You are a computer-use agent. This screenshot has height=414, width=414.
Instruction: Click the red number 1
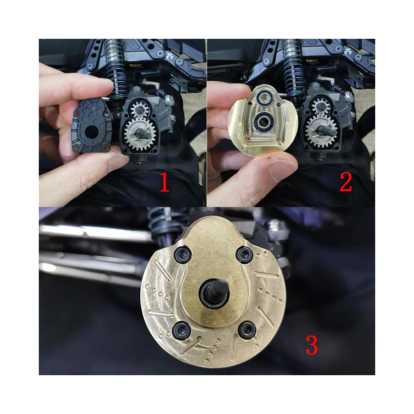pos(164,182)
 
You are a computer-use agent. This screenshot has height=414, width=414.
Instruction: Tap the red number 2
pos(346,182)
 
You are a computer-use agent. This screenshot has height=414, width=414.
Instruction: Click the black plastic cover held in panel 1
pos(92,126)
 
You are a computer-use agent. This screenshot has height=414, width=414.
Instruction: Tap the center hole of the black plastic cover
pos(92,131)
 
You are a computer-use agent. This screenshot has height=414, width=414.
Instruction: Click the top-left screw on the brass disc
pos(182,256)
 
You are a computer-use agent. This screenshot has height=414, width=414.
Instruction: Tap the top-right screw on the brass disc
pos(244,255)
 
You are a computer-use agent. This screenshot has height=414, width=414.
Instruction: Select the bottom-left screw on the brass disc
pos(180,331)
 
